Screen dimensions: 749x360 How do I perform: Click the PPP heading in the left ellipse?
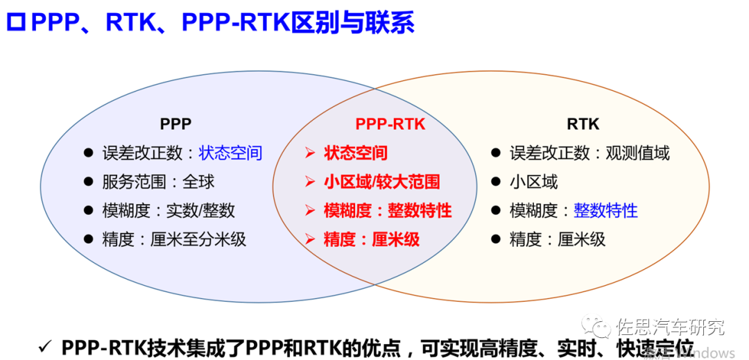tap(175, 124)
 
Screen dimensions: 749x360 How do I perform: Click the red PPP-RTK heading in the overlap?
tap(390, 124)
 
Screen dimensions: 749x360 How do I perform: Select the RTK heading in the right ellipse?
tap(583, 124)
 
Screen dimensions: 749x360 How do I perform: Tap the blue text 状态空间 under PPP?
tap(230, 153)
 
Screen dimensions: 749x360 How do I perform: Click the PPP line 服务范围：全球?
tap(158, 182)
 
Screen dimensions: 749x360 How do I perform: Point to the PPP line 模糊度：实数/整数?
tap(168, 211)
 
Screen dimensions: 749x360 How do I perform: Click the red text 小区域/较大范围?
tap(381, 182)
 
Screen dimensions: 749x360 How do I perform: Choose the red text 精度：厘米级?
tap(372, 240)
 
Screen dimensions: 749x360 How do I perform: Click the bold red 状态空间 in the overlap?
tap(356, 153)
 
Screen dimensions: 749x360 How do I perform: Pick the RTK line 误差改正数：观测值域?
tap(589, 153)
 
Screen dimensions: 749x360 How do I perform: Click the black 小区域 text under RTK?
tap(533, 182)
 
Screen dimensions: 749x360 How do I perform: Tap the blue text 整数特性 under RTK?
tap(605, 211)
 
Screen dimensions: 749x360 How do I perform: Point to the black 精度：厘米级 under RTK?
tap(558, 240)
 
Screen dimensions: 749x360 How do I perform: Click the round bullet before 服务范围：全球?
tap(88, 182)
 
